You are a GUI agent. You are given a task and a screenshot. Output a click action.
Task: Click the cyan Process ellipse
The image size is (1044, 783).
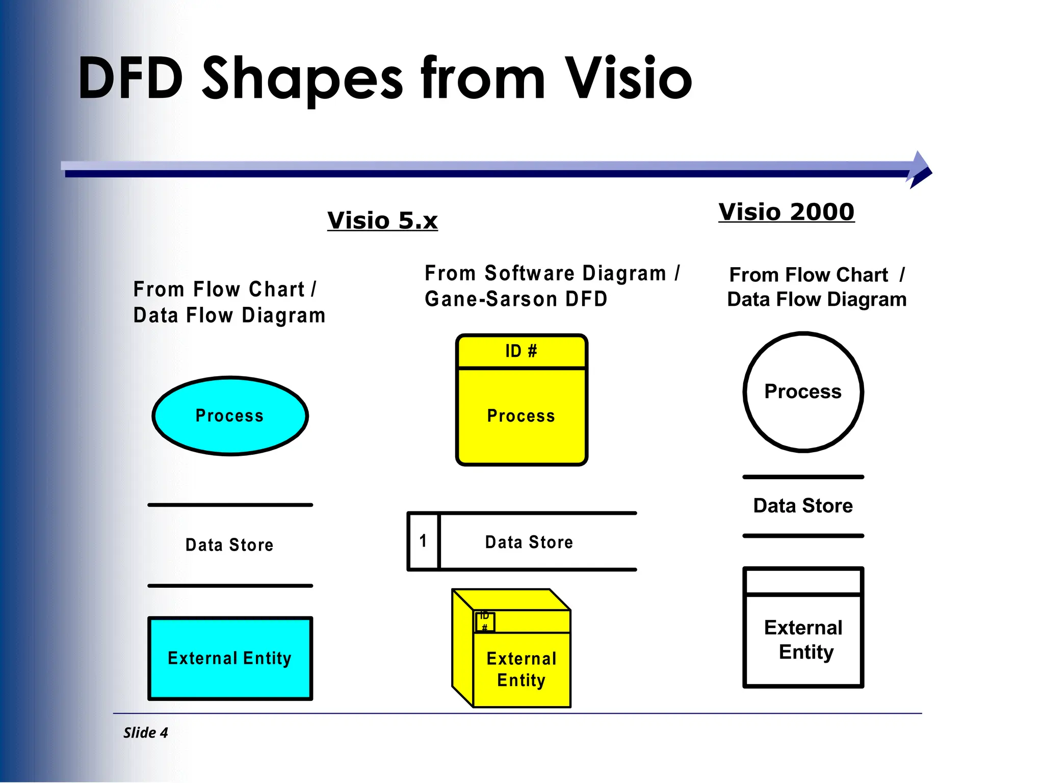pyautogui.click(x=230, y=415)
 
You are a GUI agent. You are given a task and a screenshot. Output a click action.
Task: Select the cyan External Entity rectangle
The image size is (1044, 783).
pyautogui.click(x=230, y=658)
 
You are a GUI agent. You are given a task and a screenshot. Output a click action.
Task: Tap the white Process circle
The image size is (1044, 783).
pyautogui.click(x=803, y=391)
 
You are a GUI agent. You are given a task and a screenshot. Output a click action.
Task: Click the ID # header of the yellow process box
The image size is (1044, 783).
pyautogui.click(x=521, y=351)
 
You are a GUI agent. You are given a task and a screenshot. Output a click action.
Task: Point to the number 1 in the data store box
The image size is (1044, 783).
pyautogui.click(x=423, y=541)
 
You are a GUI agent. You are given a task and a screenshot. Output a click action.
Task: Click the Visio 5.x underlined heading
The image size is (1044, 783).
pyautogui.click(x=382, y=221)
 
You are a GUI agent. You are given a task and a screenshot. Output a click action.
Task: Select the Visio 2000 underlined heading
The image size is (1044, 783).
pyautogui.click(x=786, y=212)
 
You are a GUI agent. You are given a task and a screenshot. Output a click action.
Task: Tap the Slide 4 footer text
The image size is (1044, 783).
pyautogui.click(x=145, y=733)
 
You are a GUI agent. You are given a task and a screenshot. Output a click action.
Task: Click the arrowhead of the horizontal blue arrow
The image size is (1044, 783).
pyautogui.click(x=920, y=170)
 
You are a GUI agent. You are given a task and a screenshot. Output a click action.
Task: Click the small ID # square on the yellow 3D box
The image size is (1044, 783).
pyautogui.click(x=485, y=622)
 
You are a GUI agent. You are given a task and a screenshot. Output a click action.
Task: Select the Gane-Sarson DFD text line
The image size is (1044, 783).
pyautogui.click(x=516, y=299)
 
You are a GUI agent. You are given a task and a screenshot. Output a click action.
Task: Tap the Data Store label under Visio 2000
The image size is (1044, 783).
pyautogui.click(x=803, y=506)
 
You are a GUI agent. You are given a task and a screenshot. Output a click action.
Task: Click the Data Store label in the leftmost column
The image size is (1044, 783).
pyautogui.click(x=229, y=545)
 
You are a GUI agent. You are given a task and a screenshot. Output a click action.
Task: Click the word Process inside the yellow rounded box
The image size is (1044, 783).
pyautogui.click(x=521, y=416)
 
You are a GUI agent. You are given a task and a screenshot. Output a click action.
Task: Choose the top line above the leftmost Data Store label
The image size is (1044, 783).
pyautogui.click(x=230, y=505)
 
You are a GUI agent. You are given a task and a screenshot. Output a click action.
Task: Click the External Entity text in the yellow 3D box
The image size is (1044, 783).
pyautogui.click(x=521, y=669)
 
